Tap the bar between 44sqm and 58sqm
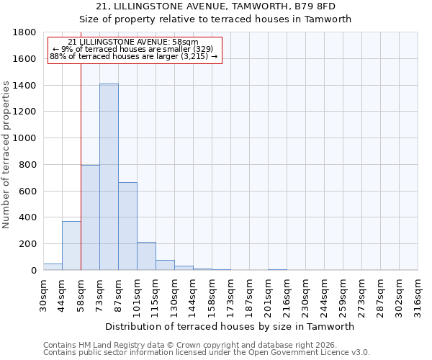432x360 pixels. click(x=71, y=246)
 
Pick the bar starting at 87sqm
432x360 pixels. click(x=127, y=226)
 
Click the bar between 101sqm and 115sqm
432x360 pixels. click(x=146, y=256)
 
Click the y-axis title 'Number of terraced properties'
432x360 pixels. click(x=6, y=155)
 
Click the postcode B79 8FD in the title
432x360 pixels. click(x=315, y=6)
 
